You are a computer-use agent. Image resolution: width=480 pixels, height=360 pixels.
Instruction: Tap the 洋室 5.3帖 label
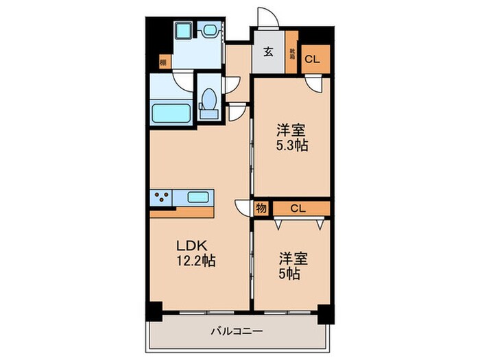pyautogui.click(x=291, y=136)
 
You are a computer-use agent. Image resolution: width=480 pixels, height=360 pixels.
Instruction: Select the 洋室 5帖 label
pyautogui.click(x=293, y=265)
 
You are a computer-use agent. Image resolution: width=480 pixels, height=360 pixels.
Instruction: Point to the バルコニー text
pyautogui.click(x=237, y=332)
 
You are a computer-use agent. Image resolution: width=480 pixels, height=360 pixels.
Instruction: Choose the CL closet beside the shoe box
pyautogui.click(x=312, y=59)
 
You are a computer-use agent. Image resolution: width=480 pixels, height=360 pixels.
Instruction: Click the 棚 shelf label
pyautogui.click(x=163, y=63)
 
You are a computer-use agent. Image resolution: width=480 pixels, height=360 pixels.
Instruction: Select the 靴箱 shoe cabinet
pyautogui.click(x=291, y=53)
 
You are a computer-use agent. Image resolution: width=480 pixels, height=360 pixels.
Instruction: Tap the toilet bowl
pyautogui.click(x=208, y=104)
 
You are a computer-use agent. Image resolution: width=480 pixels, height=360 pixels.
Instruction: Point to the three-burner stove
pyautogui.click(x=162, y=198)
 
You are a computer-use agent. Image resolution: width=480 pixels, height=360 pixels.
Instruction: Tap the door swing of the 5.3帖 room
pyautogui.click(x=314, y=85)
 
